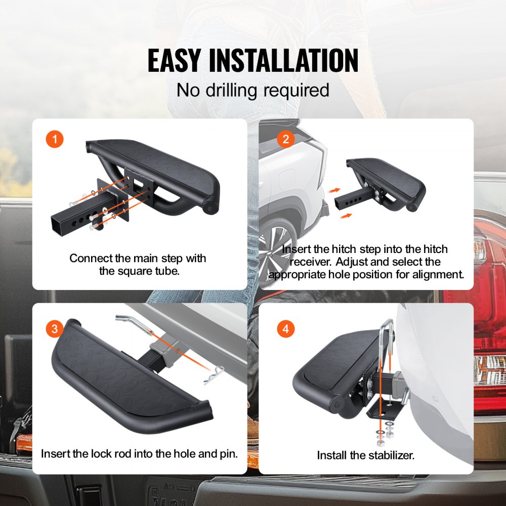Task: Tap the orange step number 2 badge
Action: point(286,139)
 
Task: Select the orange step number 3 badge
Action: point(55,330)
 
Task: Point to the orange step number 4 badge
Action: point(286,330)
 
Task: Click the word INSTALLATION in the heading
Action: point(283,61)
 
